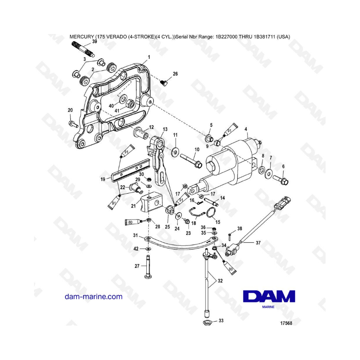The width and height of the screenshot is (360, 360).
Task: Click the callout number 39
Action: tap(94, 42)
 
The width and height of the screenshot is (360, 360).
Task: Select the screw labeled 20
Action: tap(74, 124)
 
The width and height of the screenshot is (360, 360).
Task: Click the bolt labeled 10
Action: tap(191, 161)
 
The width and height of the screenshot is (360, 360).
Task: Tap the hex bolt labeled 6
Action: tap(280, 179)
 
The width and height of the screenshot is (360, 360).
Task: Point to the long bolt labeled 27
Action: tap(148, 267)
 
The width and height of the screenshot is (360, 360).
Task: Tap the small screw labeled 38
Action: tap(229, 237)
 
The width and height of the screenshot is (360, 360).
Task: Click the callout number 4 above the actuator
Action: tap(246, 130)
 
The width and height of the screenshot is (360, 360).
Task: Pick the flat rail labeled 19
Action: tap(130, 170)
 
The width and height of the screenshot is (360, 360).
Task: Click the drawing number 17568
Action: tap(286, 323)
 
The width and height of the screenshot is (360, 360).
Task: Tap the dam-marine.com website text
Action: tap(94, 296)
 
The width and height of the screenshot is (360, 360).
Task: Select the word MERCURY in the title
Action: tap(82, 37)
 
